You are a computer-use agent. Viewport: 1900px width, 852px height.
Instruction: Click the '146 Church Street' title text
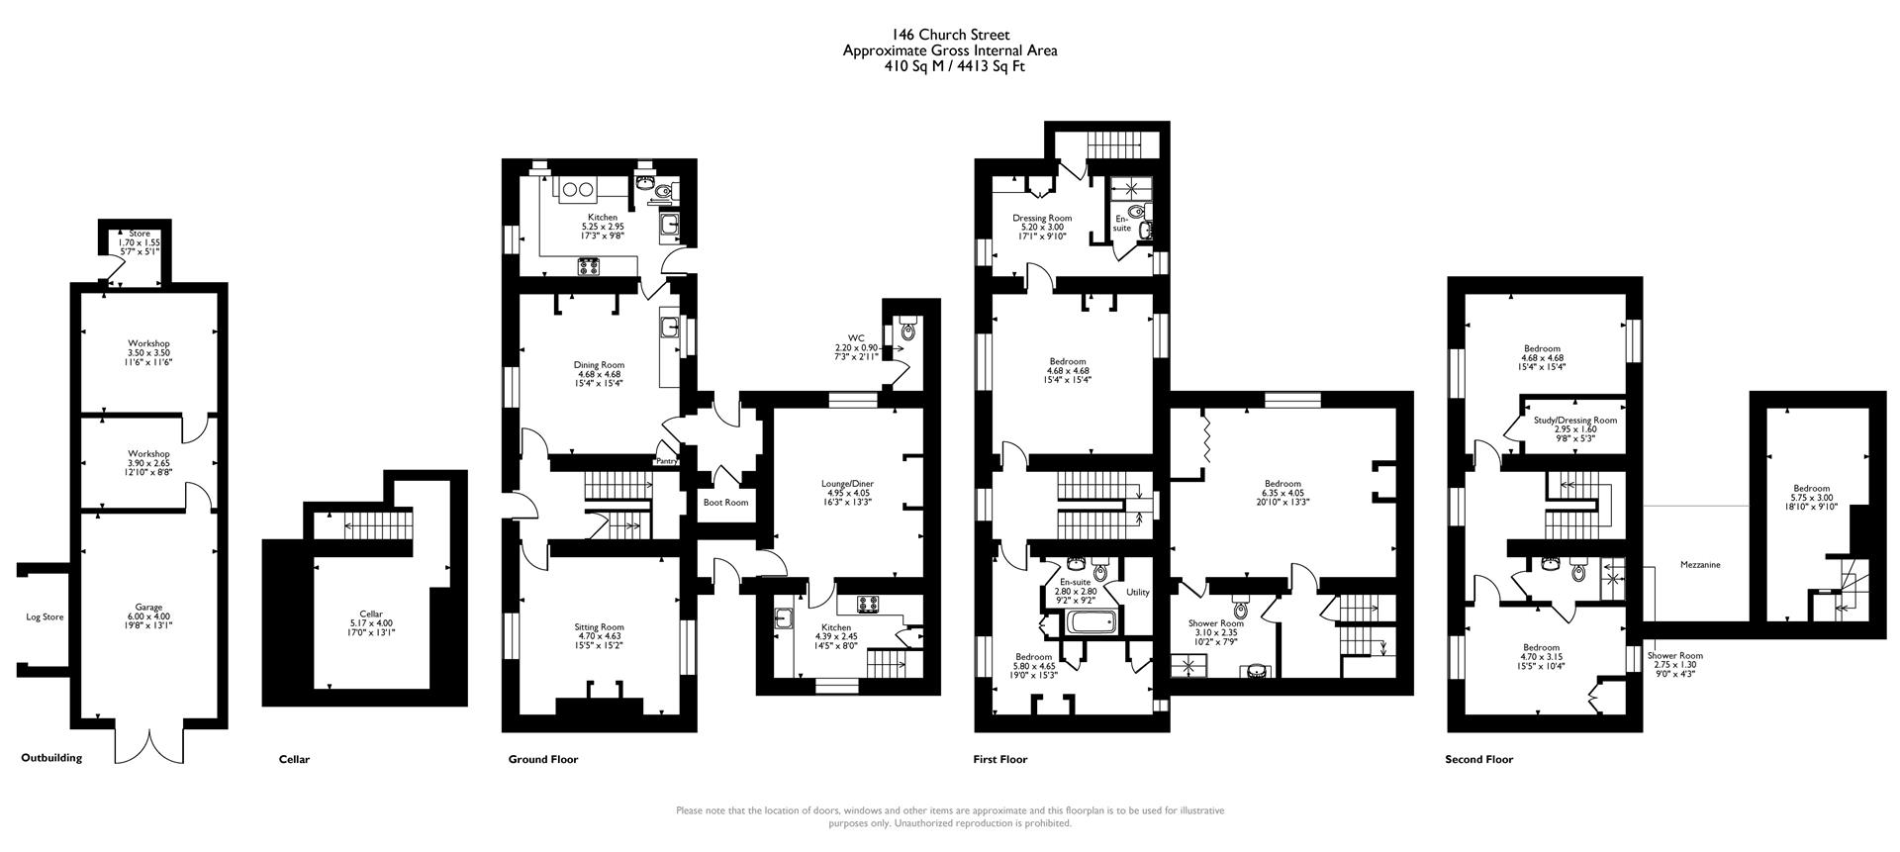click(949, 36)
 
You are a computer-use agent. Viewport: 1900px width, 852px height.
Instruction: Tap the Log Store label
click(45, 616)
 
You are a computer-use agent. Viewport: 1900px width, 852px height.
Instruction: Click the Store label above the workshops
click(140, 234)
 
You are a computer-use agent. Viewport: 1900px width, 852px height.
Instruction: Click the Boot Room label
click(725, 503)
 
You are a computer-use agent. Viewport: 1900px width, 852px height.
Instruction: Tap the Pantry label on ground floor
click(667, 461)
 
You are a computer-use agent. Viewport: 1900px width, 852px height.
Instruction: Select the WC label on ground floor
click(856, 337)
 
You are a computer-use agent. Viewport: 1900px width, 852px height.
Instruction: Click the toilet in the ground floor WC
click(908, 331)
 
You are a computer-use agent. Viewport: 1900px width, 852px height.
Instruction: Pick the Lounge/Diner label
click(847, 484)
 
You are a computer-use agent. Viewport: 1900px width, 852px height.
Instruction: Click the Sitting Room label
click(599, 626)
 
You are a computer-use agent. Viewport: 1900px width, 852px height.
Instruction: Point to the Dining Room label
click(599, 364)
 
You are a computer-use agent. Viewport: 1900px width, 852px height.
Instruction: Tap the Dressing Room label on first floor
click(1042, 218)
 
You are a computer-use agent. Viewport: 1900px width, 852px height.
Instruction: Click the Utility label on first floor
click(1138, 592)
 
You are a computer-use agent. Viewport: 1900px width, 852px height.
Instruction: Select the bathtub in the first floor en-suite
click(1092, 623)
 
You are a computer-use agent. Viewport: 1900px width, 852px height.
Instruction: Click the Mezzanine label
click(1700, 565)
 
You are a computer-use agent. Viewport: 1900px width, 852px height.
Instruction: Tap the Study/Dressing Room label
click(1575, 421)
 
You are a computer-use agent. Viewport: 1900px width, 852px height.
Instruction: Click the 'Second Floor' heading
click(1478, 760)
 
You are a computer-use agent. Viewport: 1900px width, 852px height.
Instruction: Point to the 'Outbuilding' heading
click(51, 758)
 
